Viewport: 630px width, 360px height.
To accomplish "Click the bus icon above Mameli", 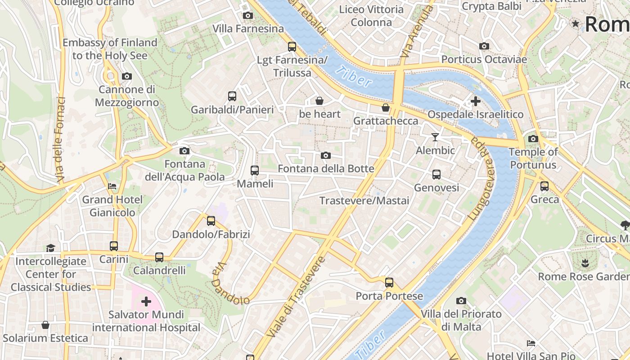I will click(255, 171).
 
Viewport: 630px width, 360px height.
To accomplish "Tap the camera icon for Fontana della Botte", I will click(326, 156).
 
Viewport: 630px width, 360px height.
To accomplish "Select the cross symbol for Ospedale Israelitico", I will click(476, 101).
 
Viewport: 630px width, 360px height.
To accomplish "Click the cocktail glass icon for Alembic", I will click(435, 137).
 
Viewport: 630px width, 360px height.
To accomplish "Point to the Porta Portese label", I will click(389, 296).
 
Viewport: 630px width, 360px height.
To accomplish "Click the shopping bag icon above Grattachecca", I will click(386, 108).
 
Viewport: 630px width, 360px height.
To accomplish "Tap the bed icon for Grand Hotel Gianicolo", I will click(112, 186).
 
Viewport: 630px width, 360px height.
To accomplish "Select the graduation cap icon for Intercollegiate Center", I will click(50, 248).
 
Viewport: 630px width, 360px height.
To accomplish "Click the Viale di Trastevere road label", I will click(296, 297).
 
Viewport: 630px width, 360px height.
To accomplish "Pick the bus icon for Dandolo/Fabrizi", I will click(211, 221).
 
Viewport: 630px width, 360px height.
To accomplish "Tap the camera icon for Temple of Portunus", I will click(533, 139).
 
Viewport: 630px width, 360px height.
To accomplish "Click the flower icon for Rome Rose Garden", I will click(585, 263).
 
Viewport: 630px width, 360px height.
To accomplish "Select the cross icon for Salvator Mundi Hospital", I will click(146, 301).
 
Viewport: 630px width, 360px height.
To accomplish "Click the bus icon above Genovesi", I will click(436, 175).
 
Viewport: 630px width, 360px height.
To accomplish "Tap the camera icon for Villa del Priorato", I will click(461, 301).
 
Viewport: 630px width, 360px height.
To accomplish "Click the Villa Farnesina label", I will click(248, 29).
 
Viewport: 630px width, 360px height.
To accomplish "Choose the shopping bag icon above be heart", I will click(319, 100).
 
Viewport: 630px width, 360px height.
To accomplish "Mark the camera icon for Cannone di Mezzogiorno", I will click(127, 76).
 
